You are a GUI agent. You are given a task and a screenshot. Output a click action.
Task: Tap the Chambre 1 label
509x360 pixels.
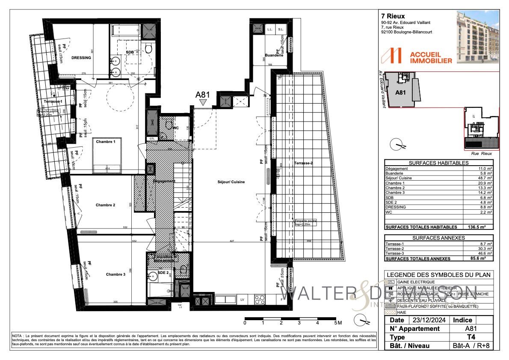(x=105, y=142)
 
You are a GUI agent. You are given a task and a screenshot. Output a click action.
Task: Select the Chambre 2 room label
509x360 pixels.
(x=105, y=205)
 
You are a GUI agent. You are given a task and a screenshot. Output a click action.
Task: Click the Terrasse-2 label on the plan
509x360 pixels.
(x=304, y=164)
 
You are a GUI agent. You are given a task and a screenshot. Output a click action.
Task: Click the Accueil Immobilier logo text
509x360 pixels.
(x=430, y=57)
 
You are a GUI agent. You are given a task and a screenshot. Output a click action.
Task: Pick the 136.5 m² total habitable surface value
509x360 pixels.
(x=482, y=227)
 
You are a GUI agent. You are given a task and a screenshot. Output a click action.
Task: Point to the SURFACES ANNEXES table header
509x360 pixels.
(x=439, y=238)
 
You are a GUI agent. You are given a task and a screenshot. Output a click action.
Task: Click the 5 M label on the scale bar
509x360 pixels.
(x=338, y=323)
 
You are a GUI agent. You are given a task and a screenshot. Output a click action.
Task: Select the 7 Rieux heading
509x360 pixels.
(x=392, y=17)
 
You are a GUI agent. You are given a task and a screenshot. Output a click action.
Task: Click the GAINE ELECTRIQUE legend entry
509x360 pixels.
(x=417, y=282)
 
